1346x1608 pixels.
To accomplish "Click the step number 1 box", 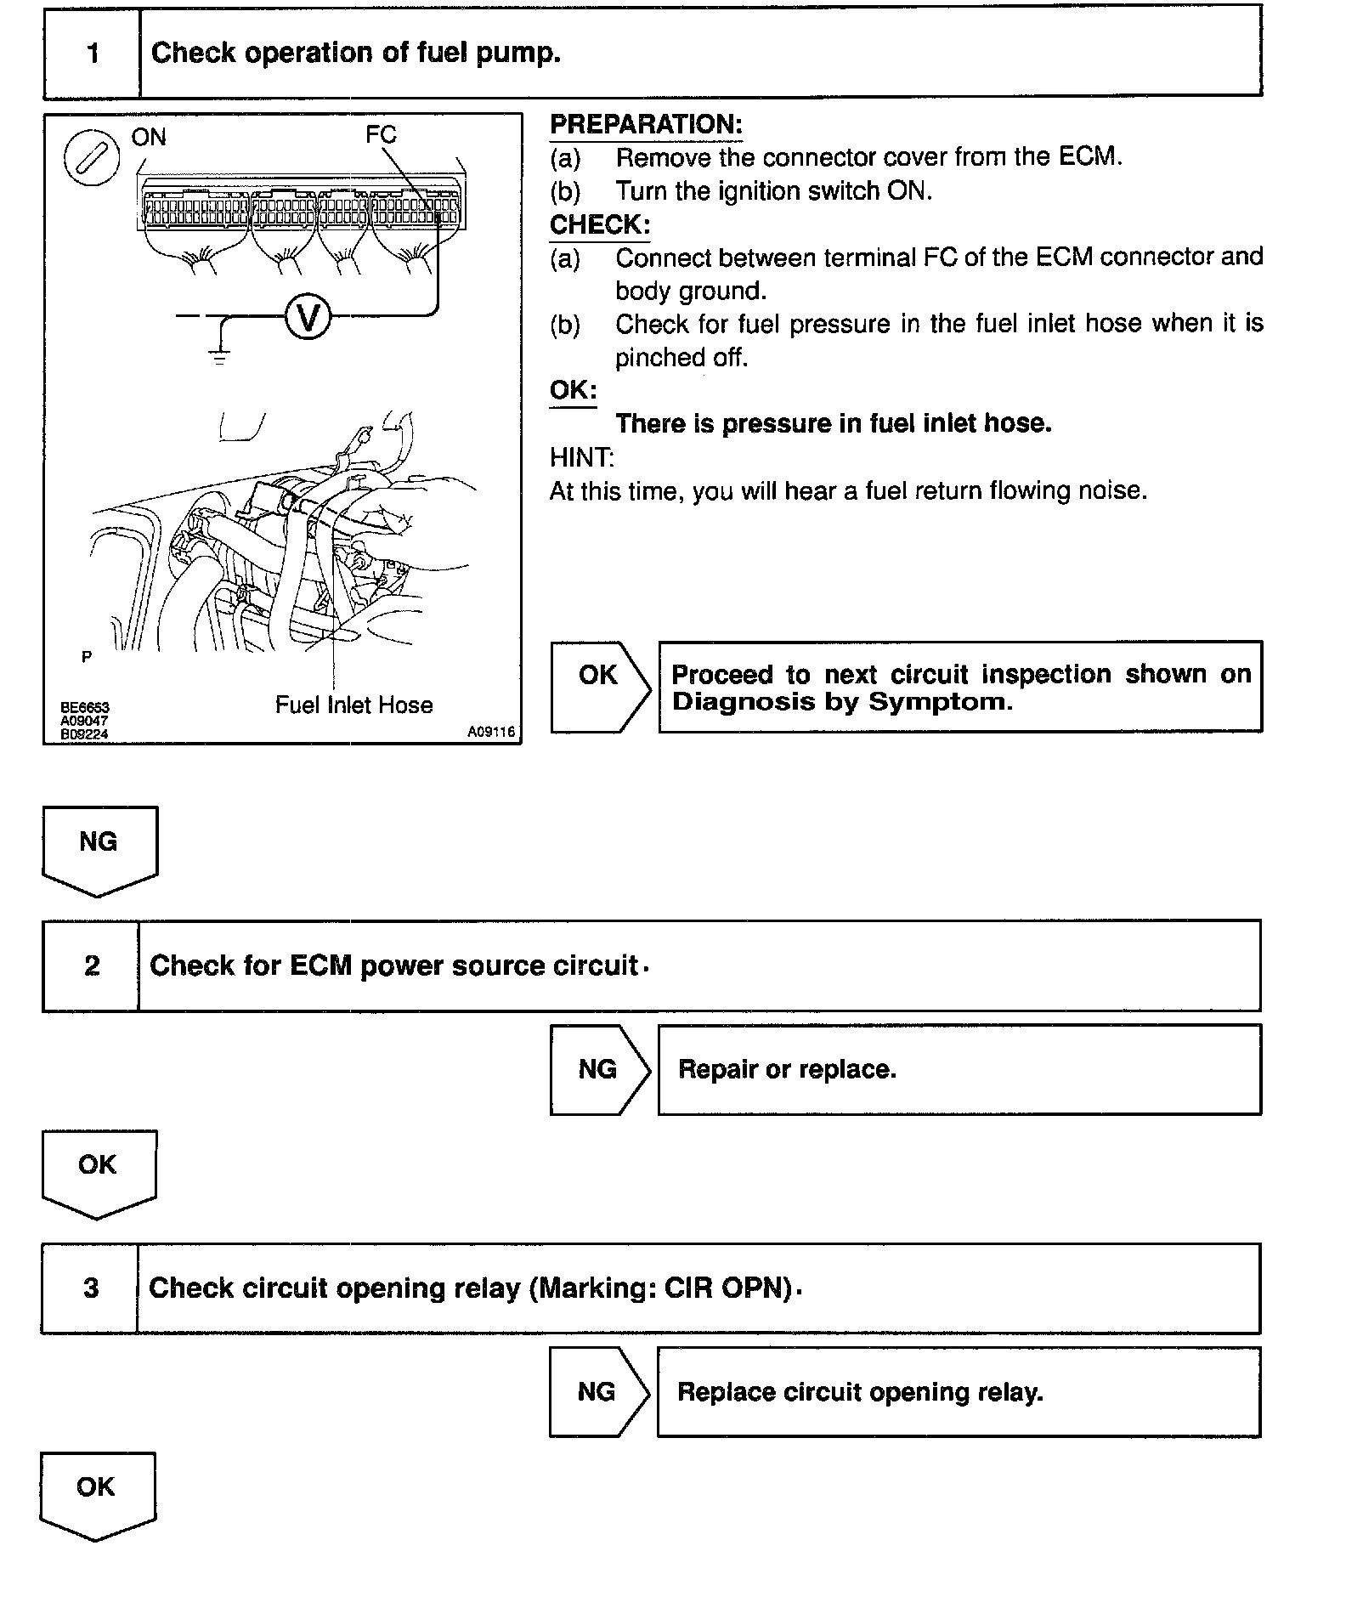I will point(92,54).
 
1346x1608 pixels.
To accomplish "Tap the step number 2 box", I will point(91,965).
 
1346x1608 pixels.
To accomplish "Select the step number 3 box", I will point(90,1288).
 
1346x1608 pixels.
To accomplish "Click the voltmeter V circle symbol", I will point(307,318).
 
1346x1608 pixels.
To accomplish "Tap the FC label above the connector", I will point(382,134).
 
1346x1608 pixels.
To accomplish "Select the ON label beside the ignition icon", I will point(149,137).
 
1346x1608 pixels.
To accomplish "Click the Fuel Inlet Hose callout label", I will point(353,705).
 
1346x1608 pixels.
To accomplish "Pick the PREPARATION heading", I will point(646,125).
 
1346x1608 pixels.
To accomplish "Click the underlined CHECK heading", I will point(599,225).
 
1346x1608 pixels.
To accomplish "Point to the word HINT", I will point(581,457).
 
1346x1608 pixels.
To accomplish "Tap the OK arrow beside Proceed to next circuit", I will point(599,686).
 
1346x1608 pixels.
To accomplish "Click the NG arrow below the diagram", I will point(99,849).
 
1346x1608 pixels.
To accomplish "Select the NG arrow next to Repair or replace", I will point(598,1069).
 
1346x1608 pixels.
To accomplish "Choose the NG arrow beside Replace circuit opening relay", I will point(597,1391).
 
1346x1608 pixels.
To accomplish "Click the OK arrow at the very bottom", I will point(96,1494).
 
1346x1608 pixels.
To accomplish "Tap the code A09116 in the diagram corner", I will point(491,732).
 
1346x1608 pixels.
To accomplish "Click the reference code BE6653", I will point(85,707).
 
